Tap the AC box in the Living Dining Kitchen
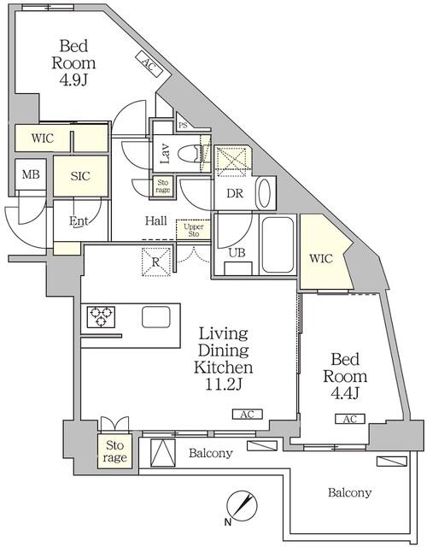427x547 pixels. coord(247,415)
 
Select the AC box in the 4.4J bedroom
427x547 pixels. coord(348,419)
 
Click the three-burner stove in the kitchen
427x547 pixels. coord(101,318)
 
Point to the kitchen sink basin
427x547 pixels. coord(155,317)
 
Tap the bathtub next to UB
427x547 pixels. coord(278,245)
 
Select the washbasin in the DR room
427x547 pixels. coord(265,192)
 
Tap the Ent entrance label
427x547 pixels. coord(79,222)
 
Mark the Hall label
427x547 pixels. coord(155,221)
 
